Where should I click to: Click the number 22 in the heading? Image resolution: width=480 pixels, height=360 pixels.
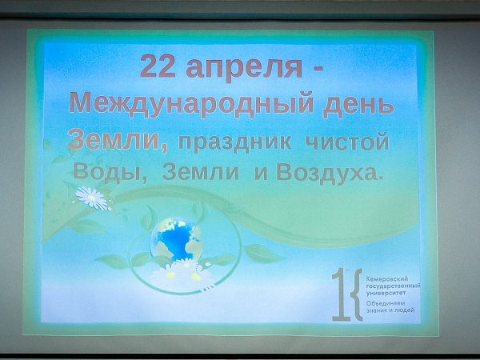coord(158,66)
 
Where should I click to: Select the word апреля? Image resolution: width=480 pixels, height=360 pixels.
coord(244,69)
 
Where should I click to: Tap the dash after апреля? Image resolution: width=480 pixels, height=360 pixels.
coord(318,68)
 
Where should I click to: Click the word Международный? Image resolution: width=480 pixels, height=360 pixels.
coord(192,105)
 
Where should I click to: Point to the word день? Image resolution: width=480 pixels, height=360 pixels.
coord(358,106)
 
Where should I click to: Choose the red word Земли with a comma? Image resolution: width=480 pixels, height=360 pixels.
coord(118,140)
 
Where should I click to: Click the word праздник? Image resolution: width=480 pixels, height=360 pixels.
coord(234,142)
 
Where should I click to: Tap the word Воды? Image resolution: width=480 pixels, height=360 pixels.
coord(110,172)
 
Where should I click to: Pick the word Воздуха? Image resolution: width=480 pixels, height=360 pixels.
coord(330,173)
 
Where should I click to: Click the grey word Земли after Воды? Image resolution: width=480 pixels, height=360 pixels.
coord(200,172)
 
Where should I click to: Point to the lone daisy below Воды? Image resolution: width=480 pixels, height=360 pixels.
coord(91,198)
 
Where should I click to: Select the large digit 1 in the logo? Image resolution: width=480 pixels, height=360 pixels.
coord(341,294)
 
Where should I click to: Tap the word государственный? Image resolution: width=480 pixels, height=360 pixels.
coord(393,286)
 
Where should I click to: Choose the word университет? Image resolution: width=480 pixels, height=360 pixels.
coord(386,293)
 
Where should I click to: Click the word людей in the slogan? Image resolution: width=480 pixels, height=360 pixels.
coord(406,310)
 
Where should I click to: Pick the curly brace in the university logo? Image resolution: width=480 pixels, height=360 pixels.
coord(356,294)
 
